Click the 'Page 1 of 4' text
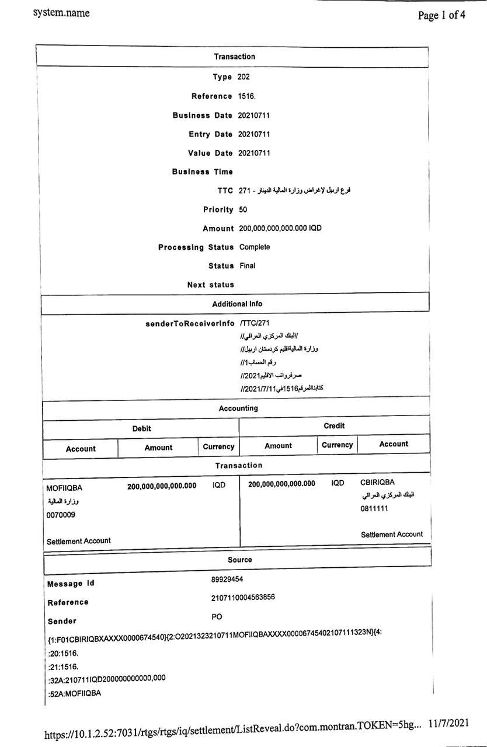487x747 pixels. click(441, 15)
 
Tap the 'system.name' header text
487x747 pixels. click(61, 12)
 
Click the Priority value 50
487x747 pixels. click(243, 210)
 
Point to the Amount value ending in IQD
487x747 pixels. click(280, 228)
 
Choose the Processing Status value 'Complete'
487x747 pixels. click(255, 247)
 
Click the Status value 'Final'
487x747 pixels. click(247, 266)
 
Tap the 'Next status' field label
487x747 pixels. click(210, 285)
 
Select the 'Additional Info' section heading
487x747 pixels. click(237, 303)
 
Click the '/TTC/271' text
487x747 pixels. click(255, 323)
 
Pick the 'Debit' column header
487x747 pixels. click(141, 428)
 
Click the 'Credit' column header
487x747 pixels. click(334, 426)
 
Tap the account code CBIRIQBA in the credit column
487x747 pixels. click(377, 482)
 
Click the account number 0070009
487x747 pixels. click(60, 515)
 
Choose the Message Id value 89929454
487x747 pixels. click(227, 579)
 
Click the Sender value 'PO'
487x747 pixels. click(217, 617)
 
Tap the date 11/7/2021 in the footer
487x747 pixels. click(448, 723)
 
